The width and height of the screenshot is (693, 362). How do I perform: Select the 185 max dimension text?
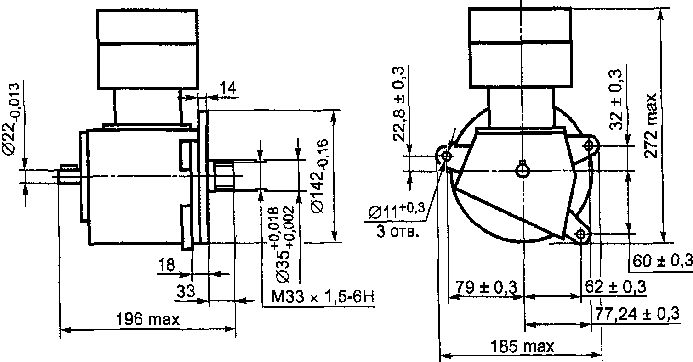pyautogui.click(x=522, y=346)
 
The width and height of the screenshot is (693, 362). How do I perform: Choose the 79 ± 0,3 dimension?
pyautogui.click(x=486, y=287)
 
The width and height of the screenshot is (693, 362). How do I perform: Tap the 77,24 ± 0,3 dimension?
pyautogui.click(x=637, y=314)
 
